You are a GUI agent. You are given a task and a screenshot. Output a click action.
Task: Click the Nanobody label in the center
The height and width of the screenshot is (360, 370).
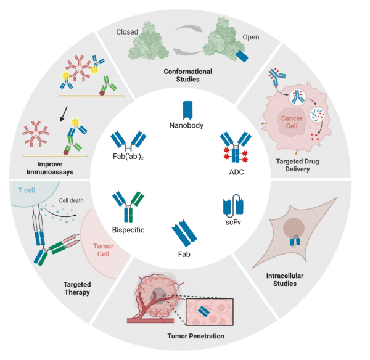186,125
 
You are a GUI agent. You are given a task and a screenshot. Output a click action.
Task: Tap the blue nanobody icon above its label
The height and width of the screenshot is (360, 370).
187,110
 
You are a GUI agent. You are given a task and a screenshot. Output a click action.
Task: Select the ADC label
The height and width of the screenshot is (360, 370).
236,172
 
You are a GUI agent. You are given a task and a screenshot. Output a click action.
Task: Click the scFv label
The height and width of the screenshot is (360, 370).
233,222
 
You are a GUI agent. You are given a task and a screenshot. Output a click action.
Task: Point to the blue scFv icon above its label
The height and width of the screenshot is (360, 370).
233,206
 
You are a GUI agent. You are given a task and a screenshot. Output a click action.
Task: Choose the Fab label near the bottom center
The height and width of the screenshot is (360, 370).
184,254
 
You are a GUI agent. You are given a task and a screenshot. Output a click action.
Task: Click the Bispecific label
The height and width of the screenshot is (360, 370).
128,230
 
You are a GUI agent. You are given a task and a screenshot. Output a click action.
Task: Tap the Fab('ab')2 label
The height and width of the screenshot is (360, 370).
128,157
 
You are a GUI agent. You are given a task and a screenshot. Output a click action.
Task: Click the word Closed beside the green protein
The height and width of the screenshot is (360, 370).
127,32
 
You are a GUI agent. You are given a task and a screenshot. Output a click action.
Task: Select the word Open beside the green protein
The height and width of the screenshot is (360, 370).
251,37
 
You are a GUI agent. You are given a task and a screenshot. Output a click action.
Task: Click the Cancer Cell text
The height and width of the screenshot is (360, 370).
292,122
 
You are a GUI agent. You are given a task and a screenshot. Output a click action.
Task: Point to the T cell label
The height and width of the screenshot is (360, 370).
27,190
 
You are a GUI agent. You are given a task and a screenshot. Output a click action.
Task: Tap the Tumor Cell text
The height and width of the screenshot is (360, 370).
103,250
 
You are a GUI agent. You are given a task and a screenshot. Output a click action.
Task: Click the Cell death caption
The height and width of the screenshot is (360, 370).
71,200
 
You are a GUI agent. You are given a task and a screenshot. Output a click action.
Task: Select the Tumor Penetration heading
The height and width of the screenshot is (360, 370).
196,336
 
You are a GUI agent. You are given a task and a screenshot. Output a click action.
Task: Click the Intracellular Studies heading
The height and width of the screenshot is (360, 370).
285,279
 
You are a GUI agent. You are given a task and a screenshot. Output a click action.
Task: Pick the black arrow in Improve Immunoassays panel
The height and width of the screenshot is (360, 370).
64,114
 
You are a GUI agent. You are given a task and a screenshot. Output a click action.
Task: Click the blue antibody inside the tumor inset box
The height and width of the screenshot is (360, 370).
204,312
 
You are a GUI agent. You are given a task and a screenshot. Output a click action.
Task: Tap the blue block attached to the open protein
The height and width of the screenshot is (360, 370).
242,56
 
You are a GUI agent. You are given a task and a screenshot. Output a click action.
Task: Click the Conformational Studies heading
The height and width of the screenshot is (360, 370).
188,75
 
